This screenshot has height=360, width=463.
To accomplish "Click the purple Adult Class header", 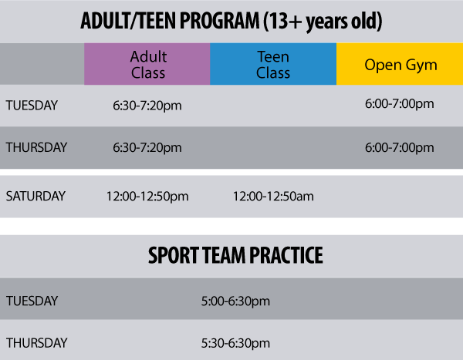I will point(147,64).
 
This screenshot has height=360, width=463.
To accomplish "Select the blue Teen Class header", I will point(273,64).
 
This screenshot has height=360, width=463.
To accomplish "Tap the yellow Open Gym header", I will point(399,64).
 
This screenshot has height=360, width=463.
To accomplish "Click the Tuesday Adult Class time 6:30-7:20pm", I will point(147,105).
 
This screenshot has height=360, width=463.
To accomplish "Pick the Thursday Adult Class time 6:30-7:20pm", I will point(147,147).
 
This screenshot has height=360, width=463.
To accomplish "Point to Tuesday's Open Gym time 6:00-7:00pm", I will point(400,103).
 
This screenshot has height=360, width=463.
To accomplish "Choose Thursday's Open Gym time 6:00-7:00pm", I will point(400,147).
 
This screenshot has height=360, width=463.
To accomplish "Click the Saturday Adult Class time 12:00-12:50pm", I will point(147,197).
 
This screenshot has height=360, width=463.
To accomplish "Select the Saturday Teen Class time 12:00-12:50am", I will point(273,197).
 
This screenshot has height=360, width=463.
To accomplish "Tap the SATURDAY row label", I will point(35,196).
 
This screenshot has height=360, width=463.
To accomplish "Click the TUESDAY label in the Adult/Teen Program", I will point(32,105).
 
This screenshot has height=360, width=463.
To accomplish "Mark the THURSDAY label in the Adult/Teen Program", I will point(36,147).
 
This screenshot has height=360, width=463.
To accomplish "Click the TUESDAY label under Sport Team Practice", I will point(32,301).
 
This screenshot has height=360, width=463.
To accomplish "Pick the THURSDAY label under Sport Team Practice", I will point(36,342).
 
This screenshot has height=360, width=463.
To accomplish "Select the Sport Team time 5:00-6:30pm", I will point(235,301).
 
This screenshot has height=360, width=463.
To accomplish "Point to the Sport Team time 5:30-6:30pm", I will point(235,342).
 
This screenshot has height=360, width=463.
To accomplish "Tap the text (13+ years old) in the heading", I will point(323,22).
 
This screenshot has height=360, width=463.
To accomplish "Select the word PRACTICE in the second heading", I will point(285,255).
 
